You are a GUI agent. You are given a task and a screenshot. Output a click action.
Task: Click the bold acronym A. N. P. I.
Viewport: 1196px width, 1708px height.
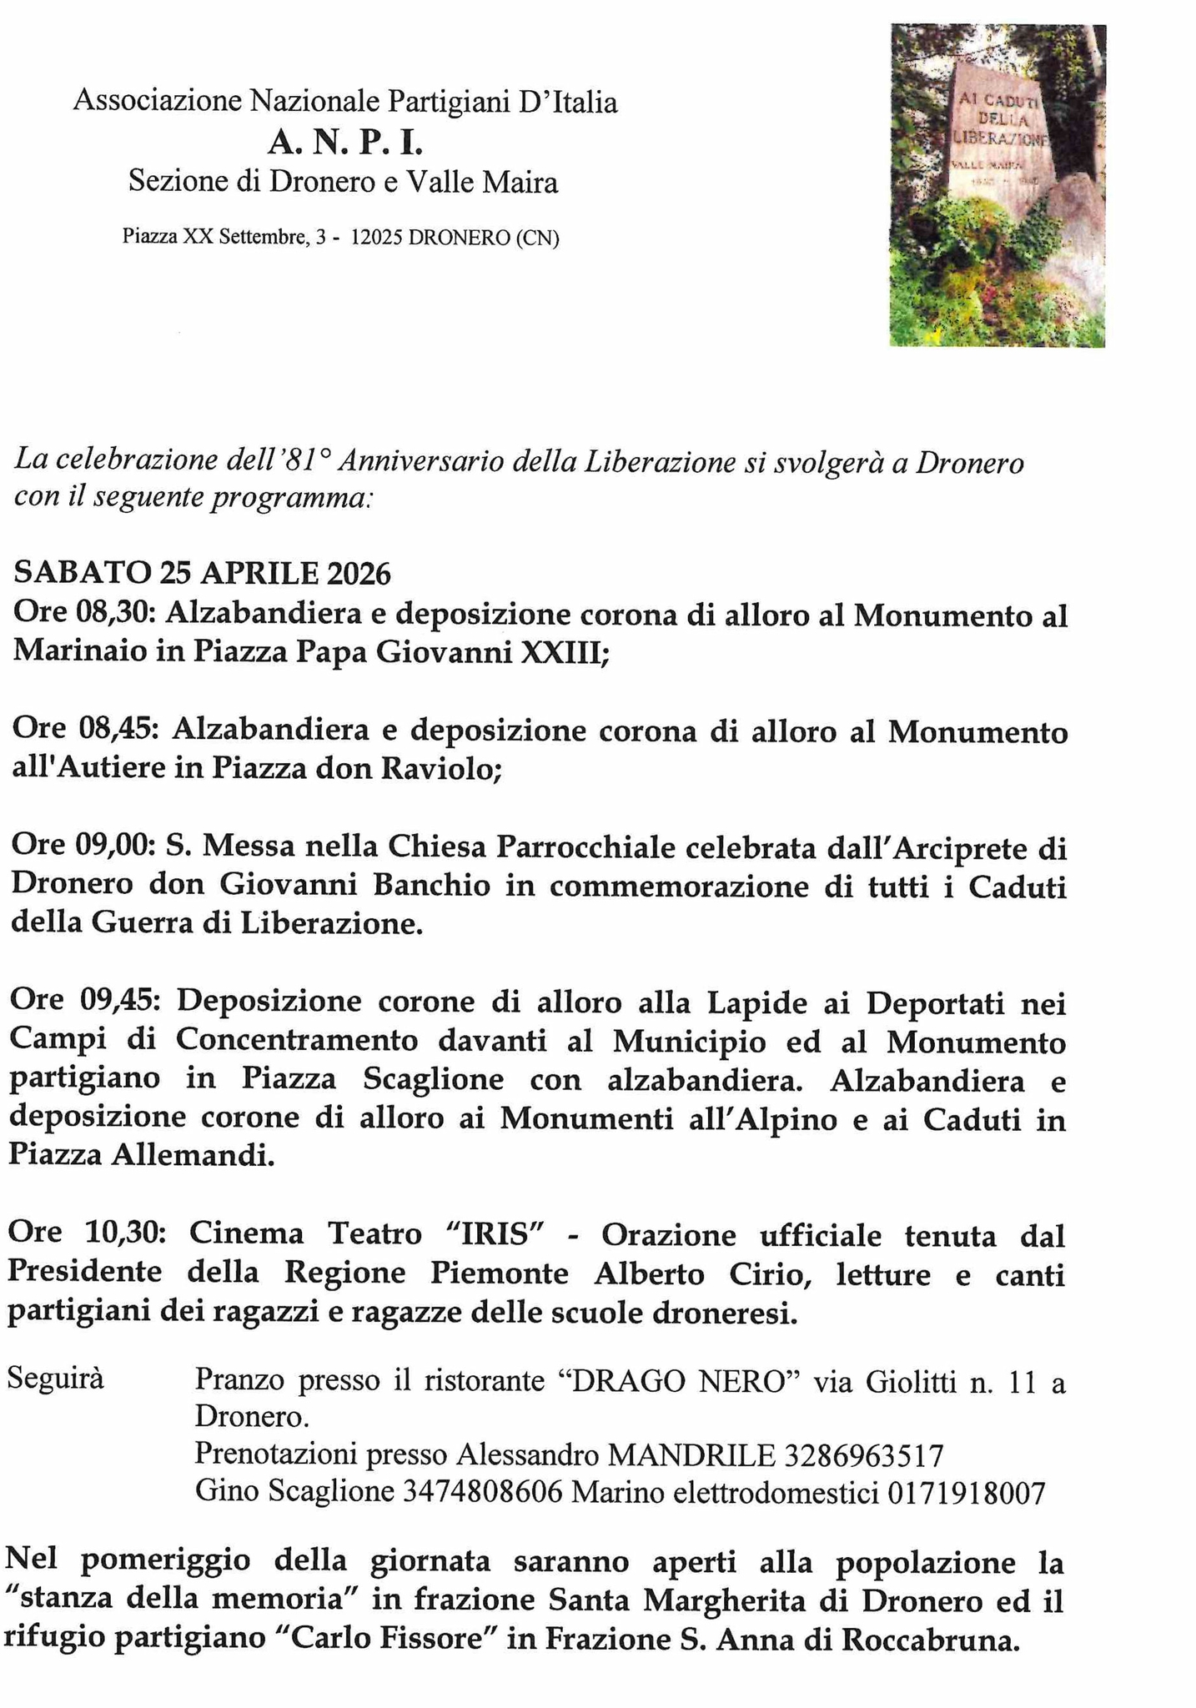pos(345,143)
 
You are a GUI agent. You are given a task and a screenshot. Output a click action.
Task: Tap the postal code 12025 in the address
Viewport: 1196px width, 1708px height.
pos(376,238)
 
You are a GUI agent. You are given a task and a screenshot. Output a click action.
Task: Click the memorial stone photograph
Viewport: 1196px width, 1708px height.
pos(998,185)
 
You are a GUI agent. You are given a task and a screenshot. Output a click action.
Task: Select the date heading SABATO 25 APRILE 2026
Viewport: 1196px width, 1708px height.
pos(202,574)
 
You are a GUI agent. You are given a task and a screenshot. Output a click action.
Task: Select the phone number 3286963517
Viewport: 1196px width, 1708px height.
pos(864,1455)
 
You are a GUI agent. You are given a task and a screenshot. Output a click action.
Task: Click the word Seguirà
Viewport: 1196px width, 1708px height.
pos(55,1379)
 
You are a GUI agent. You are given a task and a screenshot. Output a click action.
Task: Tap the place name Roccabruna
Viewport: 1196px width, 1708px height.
pos(931,1640)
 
